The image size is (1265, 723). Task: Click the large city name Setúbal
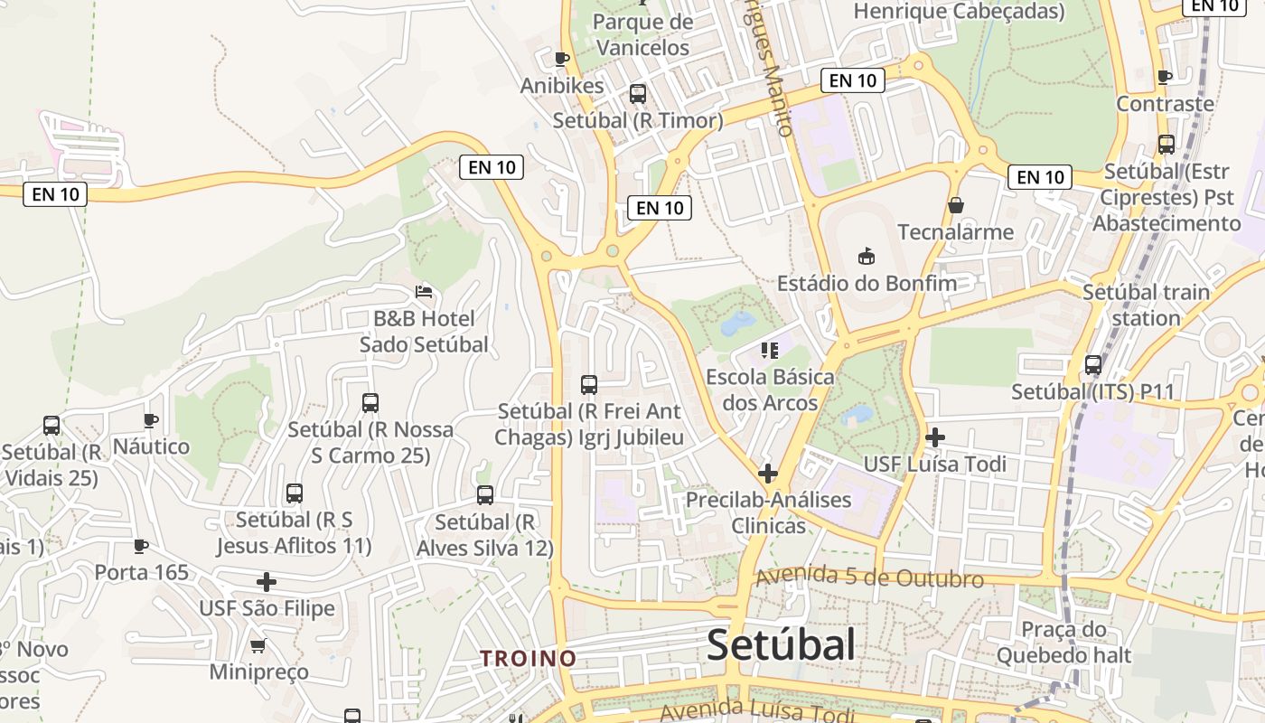[x=781, y=645]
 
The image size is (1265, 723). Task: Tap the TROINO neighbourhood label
[x=529, y=658]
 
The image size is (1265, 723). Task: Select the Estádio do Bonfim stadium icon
[x=867, y=256]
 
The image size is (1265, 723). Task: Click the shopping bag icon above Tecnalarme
[x=956, y=205]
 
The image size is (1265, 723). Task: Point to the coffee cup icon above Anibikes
[x=561, y=59]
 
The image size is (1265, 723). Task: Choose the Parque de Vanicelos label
[x=643, y=34]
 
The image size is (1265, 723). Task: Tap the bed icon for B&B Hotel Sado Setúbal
[x=424, y=291]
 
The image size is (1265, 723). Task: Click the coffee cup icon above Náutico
[x=151, y=420]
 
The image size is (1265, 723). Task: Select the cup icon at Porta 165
[x=141, y=546]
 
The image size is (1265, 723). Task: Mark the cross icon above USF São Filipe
[x=267, y=581]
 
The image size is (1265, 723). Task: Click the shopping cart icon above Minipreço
[x=258, y=645]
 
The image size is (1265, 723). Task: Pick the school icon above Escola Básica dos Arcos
[x=770, y=350]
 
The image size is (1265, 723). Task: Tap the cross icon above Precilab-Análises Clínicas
[x=768, y=473]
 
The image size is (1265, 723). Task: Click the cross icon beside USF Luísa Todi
[x=935, y=438]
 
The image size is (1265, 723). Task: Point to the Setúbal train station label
[x=1146, y=305]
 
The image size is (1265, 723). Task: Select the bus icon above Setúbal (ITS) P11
[x=1093, y=365]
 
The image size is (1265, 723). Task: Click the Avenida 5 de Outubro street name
[x=869, y=577]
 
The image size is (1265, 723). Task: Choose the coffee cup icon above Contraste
[x=1165, y=78]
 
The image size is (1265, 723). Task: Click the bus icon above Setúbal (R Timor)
[x=638, y=93]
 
